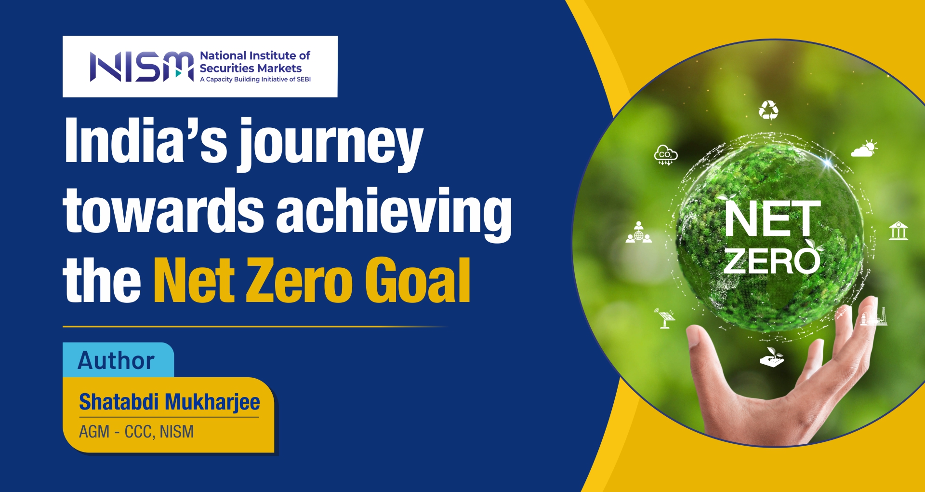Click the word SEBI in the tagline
tap(304, 79)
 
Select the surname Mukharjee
tap(212, 402)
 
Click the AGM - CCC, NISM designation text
tap(136, 431)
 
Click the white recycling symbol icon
tap(768, 110)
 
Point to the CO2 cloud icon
tap(665, 154)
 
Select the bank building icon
tap(899, 231)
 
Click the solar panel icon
tap(665, 318)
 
